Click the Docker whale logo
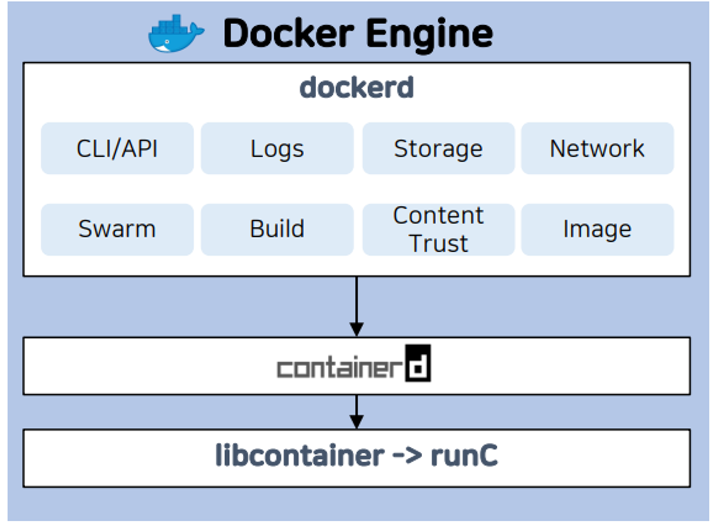pos(175,34)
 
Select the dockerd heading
pos(356,88)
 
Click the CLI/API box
pos(117,148)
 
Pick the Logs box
pos(277,148)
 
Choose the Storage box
pos(438,148)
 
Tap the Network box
pos(597,148)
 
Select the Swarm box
pos(117,229)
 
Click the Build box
pos(277,229)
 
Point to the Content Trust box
pos(438,229)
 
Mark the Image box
pos(597,229)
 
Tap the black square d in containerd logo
pos(418,363)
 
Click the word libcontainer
pos(300,456)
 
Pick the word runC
pos(464,456)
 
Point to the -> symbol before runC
pos(407,456)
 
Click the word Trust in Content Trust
pos(439,244)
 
